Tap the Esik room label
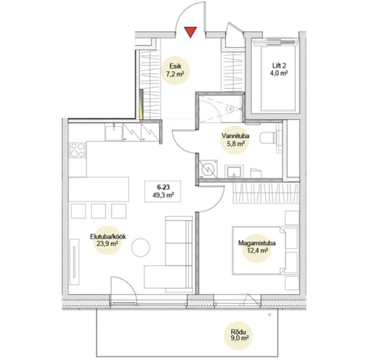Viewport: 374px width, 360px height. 175,66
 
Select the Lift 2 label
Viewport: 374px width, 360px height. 279,65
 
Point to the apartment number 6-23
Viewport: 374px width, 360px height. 163,187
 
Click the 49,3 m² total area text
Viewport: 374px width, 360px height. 163,195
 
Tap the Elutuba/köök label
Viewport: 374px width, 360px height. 108,237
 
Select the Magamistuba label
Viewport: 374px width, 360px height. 257,243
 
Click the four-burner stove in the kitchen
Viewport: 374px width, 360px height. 77,150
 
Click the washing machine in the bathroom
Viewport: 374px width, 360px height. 208,169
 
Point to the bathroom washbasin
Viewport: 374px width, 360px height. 234,171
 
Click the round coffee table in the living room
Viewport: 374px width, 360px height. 141,247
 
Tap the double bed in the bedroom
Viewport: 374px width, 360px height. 259,251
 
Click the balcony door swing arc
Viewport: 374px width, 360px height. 128,283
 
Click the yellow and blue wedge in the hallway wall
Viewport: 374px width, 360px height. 141,104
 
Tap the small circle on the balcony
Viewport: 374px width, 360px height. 269,315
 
